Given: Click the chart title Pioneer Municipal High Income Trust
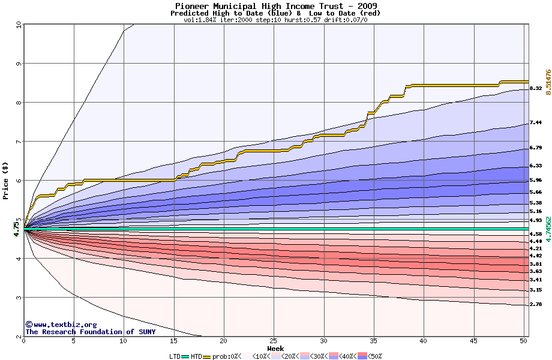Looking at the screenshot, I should pyautogui.click(x=276, y=6).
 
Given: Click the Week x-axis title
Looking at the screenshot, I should pyautogui.click(x=276, y=349).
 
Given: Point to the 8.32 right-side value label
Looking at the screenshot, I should pyautogui.click(x=536, y=88).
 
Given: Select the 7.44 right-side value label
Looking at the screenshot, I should pyautogui.click(x=536, y=122).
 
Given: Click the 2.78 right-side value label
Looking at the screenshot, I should pyautogui.click(x=536, y=304).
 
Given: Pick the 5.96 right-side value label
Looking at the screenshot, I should pyautogui.click(x=536, y=180).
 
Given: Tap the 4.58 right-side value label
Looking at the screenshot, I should pyautogui.click(x=536, y=234).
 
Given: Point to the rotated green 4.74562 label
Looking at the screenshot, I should pyautogui.click(x=548, y=229).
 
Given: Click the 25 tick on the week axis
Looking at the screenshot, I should pyautogui.click(x=274, y=341).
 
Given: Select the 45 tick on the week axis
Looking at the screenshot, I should pyautogui.click(x=473, y=341).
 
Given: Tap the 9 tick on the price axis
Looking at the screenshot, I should pyautogui.click(x=19, y=63).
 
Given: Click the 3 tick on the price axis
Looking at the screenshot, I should pyautogui.click(x=19, y=298).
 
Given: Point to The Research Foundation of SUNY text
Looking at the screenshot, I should pyautogui.click(x=90, y=332).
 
